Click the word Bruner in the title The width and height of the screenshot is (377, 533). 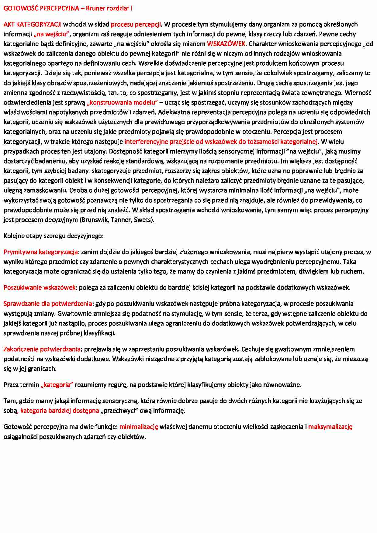pyautogui.click(x=95, y=8)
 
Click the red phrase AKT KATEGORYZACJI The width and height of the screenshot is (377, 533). pyautogui.click(x=33, y=24)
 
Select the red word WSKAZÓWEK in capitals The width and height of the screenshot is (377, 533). pyautogui.click(x=226, y=44)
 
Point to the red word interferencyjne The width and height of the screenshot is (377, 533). pyautogui.click(x=144, y=142)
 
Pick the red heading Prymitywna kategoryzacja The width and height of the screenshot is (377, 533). pyautogui.click(x=41, y=252)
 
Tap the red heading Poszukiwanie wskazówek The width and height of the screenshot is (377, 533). pyautogui.click(x=40, y=287)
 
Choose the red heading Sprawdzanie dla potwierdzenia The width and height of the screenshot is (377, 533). pyautogui.click(x=48, y=304)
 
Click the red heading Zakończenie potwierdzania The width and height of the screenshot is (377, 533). pyautogui.click(x=42, y=349)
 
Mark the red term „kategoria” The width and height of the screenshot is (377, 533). pyautogui.click(x=57, y=385)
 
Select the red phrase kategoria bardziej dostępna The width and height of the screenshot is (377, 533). pyautogui.click(x=60, y=411)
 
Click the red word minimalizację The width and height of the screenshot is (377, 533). pyautogui.click(x=139, y=427)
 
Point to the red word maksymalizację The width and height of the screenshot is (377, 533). pyautogui.click(x=330, y=427)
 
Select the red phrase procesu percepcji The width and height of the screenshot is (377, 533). pyautogui.click(x=136, y=24)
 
